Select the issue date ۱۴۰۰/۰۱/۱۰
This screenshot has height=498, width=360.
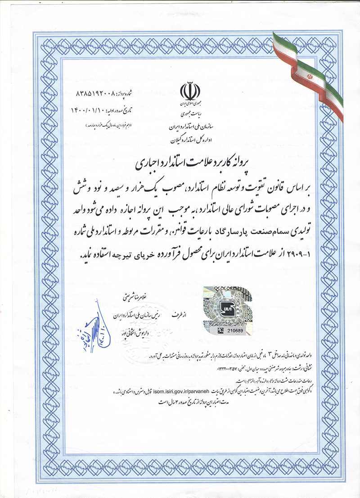88,110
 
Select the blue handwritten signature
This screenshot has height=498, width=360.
96,320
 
